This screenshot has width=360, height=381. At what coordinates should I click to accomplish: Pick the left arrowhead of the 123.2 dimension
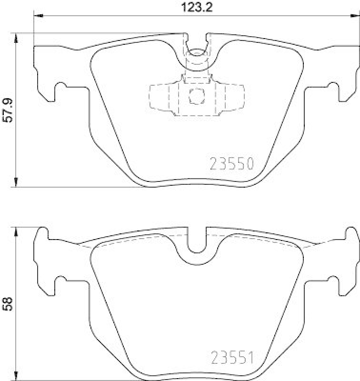(x=38, y=16)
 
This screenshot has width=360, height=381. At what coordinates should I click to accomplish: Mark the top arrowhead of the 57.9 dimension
(x=17, y=38)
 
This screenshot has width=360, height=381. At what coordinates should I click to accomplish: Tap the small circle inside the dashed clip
(x=196, y=95)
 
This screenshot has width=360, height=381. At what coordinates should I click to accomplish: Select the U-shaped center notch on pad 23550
(x=196, y=48)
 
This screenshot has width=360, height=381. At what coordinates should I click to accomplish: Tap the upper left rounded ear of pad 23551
(x=42, y=233)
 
